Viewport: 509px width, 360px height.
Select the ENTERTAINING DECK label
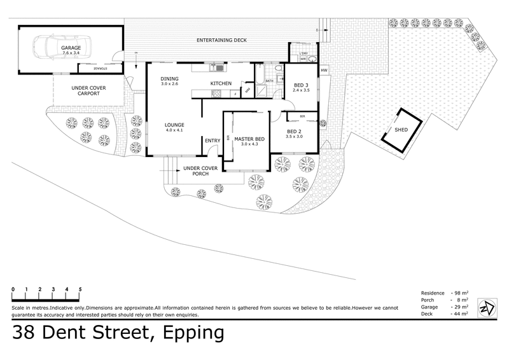pyautogui.click(x=222, y=41)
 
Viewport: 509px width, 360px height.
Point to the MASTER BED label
pyautogui.click(x=247, y=139)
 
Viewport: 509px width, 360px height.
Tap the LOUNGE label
pyautogui.click(x=174, y=125)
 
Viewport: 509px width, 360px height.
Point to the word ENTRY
pyautogui.click(x=212, y=141)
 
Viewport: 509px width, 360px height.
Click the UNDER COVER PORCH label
pyautogui.click(x=200, y=170)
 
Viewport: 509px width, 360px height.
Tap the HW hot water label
pyautogui.click(x=324, y=70)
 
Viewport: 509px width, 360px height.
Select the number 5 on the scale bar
pyautogui.click(x=80, y=289)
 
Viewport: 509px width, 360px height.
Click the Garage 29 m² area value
pyautogui.click(x=461, y=307)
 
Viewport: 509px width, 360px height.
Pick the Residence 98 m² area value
pyautogui.click(x=461, y=293)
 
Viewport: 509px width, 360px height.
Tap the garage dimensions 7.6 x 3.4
pyautogui.click(x=71, y=54)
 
